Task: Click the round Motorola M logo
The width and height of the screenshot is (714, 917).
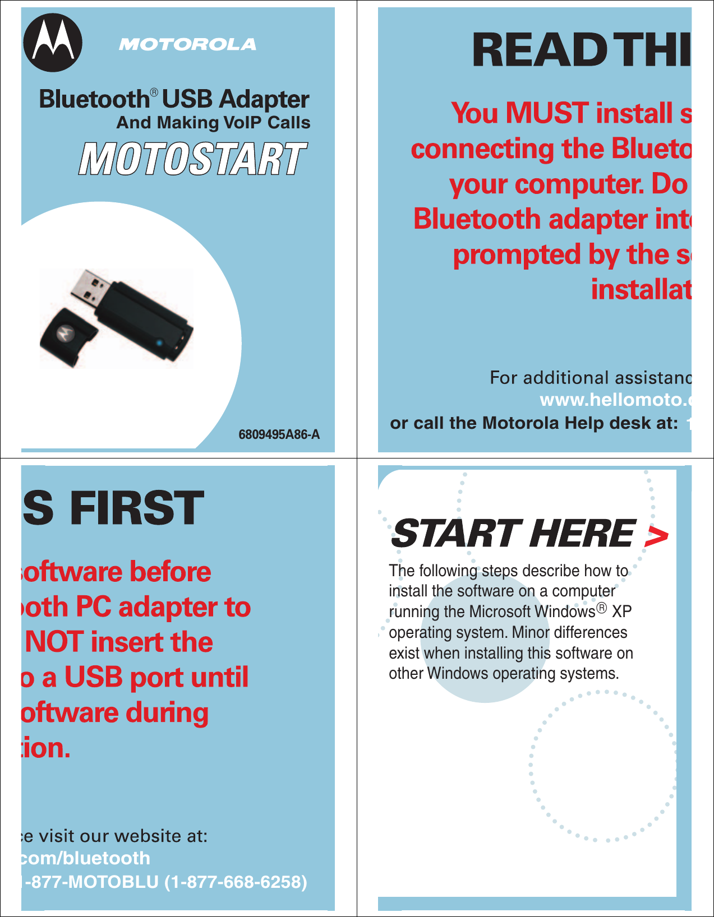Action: [53, 43]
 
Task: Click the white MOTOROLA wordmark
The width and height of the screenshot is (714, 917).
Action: [187, 45]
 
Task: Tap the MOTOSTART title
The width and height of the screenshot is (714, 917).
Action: [192, 159]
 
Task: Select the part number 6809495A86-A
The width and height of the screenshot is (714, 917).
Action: [279, 434]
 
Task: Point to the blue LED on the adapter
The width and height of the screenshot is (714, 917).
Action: [159, 343]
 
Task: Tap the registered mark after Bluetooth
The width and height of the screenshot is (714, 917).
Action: [154, 92]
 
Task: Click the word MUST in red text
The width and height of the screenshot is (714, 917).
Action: [547, 113]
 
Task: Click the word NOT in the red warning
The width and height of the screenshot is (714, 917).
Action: [54, 642]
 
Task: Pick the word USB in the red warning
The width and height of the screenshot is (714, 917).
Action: [93, 677]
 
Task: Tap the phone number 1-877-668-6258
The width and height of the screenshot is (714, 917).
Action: [236, 882]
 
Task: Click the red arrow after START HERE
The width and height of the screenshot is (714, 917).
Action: [656, 536]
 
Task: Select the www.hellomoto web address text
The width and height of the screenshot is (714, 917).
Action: [615, 400]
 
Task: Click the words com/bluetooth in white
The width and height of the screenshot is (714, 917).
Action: [85, 858]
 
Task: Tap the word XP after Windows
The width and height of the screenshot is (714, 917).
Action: [621, 612]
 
